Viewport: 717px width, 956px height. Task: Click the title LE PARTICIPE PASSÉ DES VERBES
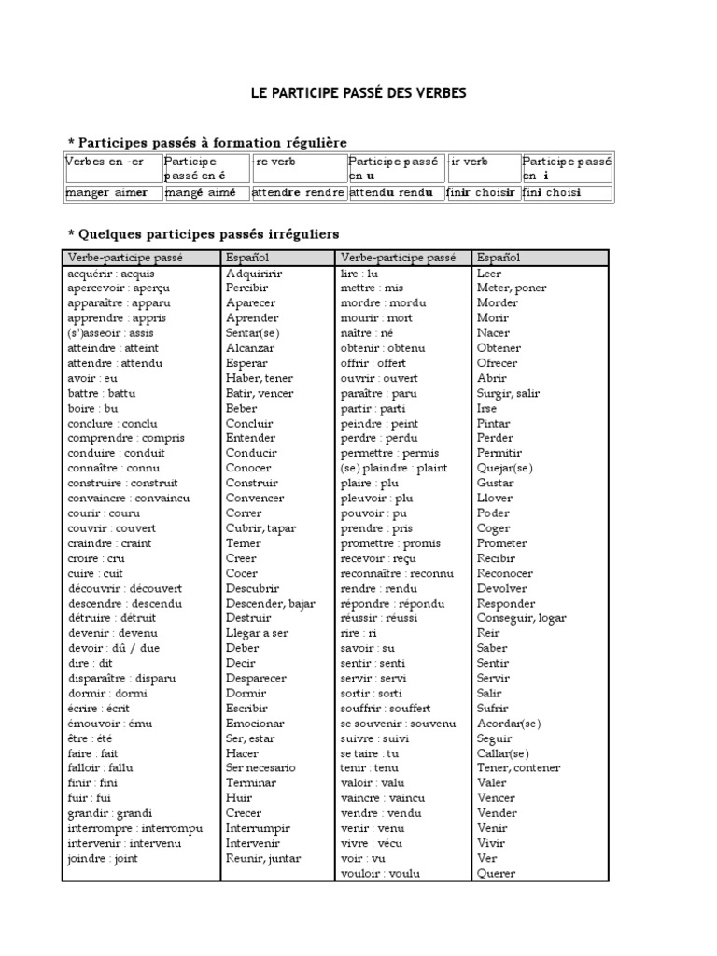click(x=358, y=93)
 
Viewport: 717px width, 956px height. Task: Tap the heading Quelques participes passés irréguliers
click(x=204, y=233)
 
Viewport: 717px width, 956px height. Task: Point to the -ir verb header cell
click(x=468, y=162)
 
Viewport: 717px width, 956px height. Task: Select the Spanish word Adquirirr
click(x=254, y=274)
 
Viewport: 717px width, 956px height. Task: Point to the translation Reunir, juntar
click(x=263, y=858)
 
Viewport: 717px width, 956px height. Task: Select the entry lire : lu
click(x=359, y=274)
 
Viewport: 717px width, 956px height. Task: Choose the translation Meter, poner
click(x=512, y=288)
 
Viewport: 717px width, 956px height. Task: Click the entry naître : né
click(x=367, y=333)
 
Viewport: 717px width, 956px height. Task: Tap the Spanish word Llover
click(x=494, y=499)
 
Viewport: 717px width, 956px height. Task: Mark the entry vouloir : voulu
click(x=380, y=873)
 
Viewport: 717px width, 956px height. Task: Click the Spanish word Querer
click(x=496, y=873)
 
